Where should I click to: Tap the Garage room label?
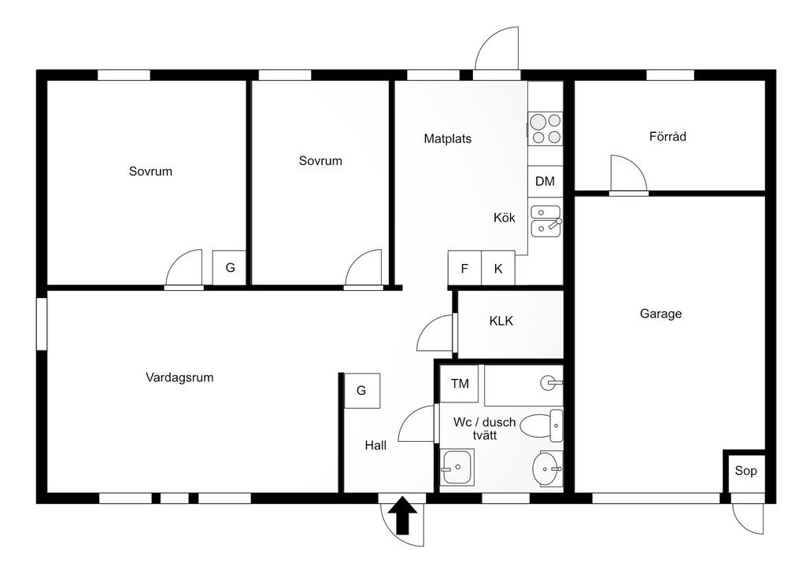[x=660, y=314]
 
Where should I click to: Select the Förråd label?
[x=667, y=136]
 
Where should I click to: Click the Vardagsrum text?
[x=179, y=377]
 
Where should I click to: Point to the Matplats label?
[x=447, y=139]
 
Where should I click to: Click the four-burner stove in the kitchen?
[x=545, y=129]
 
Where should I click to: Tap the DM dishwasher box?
[x=545, y=182]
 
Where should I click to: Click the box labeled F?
[x=464, y=268]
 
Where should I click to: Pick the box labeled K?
[x=498, y=268]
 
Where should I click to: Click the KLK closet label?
[x=501, y=321]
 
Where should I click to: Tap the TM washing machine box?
[x=460, y=384]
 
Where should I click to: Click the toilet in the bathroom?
[x=542, y=426]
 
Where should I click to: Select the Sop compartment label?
[x=745, y=471]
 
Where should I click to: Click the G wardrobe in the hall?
[x=361, y=390]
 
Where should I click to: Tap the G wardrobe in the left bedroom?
[x=230, y=267]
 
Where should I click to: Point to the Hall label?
[x=375, y=445]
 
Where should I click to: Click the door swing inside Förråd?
[x=627, y=174]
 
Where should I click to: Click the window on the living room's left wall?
[x=42, y=322]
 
